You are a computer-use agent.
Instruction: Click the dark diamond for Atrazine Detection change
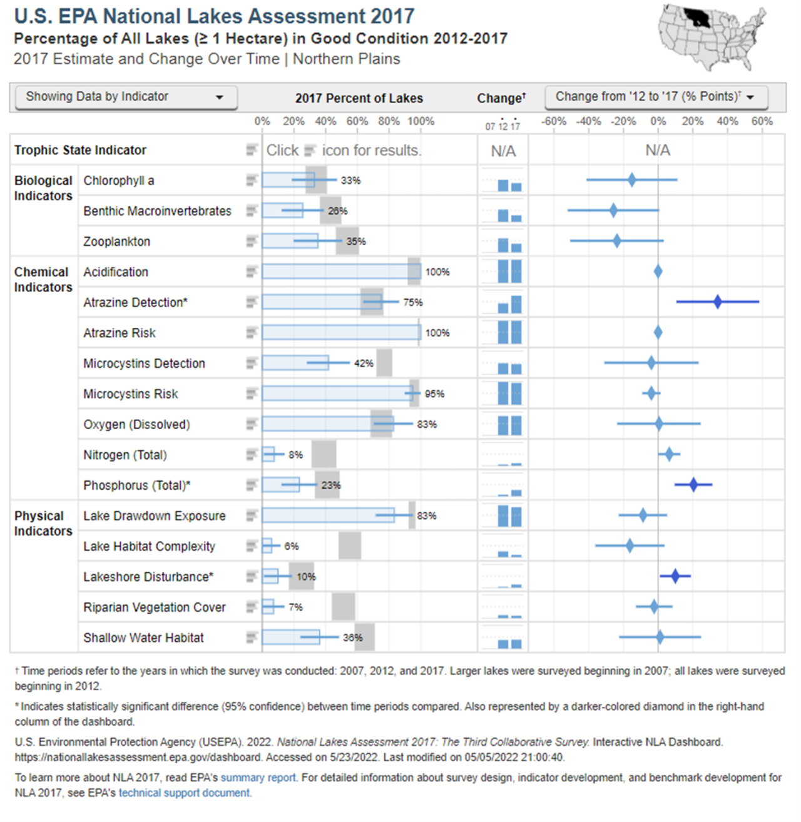point(718,302)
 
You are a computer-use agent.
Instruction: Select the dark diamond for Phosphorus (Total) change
point(693,485)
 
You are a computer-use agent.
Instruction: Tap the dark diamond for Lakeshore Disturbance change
point(675,576)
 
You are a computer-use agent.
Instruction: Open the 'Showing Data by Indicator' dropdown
point(125,97)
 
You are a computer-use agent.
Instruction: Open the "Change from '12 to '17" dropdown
point(655,97)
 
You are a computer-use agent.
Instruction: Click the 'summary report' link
point(258,778)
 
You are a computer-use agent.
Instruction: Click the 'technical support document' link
point(185,793)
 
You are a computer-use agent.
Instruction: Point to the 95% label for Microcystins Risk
point(434,394)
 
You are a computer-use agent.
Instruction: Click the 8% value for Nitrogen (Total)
point(295,455)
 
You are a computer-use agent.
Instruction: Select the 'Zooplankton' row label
point(117,241)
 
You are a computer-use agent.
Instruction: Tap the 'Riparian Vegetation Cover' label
point(155,607)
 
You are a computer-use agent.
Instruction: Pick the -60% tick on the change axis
point(554,121)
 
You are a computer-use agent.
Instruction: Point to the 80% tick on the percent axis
point(389,121)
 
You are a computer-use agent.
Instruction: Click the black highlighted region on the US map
point(702,18)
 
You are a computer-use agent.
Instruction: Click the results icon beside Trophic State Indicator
point(252,150)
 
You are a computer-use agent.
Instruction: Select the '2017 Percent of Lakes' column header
point(359,98)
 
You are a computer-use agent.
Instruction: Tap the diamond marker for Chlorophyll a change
point(632,180)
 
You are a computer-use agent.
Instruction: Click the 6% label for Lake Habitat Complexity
point(291,546)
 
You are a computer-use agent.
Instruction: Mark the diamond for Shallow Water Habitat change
point(660,637)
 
